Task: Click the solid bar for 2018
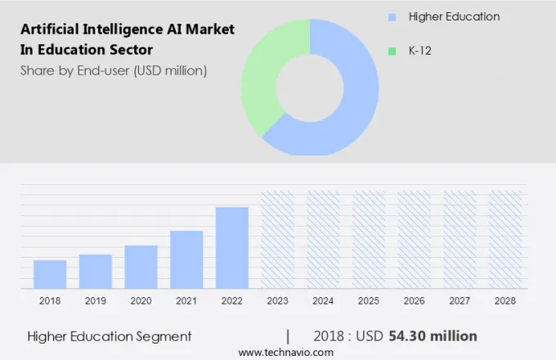coord(50,274)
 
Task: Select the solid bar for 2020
coord(141,267)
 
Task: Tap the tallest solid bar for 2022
coord(232,247)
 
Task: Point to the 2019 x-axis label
coord(96,301)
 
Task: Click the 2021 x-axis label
coord(186,301)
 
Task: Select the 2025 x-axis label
coord(369,301)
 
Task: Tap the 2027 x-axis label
coord(460,301)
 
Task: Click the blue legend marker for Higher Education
coord(393,17)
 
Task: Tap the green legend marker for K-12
coord(393,51)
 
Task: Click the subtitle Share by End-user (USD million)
coord(114,70)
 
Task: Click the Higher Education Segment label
coord(110,336)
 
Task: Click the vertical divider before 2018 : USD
coord(288,336)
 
